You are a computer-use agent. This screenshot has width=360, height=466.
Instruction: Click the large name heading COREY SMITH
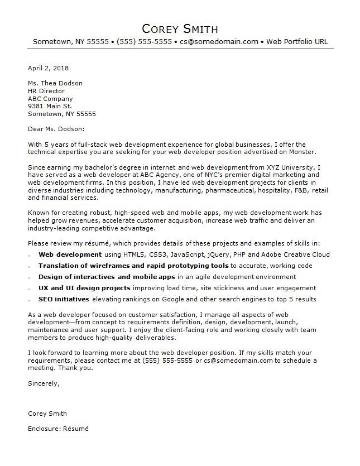coord(180,28)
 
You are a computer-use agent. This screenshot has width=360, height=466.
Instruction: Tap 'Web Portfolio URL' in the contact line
coord(297,42)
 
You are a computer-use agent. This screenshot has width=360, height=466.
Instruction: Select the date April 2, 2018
coord(48,68)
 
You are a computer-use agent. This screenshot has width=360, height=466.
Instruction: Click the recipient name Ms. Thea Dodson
coord(55,83)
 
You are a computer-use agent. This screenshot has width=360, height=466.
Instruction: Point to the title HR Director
coord(46,91)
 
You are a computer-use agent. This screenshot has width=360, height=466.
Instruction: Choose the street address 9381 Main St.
coord(50,106)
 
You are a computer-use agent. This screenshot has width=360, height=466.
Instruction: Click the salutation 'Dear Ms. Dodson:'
coord(57,129)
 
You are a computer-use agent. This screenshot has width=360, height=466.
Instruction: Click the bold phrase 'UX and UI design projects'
coord(84,288)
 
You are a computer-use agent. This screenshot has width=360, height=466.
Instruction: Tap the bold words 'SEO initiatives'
coord(64,299)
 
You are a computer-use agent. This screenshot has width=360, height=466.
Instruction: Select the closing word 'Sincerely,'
coord(44,383)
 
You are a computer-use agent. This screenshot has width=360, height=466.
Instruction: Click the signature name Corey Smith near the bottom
coord(47,414)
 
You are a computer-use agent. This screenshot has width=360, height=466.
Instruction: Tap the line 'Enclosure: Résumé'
coord(58,429)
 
